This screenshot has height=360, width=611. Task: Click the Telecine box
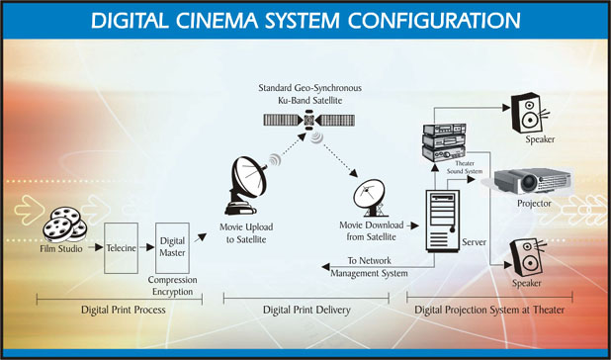tap(121, 248)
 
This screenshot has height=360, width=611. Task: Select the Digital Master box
tap(172, 248)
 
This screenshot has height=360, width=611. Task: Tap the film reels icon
tap(64, 225)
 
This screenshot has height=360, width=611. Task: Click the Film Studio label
tap(61, 248)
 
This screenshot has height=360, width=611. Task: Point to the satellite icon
tap(309, 120)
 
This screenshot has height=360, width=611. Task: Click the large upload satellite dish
tap(245, 186)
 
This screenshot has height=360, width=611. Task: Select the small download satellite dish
tap(370, 198)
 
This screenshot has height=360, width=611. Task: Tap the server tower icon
tap(443, 221)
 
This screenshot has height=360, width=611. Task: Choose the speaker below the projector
tap(527, 257)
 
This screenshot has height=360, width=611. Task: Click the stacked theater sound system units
tap(444, 142)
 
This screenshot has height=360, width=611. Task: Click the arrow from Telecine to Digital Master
tap(147, 247)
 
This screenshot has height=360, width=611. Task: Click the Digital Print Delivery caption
tap(306, 311)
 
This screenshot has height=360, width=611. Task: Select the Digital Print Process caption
tap(124, 311)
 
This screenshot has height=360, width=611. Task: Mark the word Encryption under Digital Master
tap(173, 292)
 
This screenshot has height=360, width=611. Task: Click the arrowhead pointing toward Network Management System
tap(325, 267)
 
